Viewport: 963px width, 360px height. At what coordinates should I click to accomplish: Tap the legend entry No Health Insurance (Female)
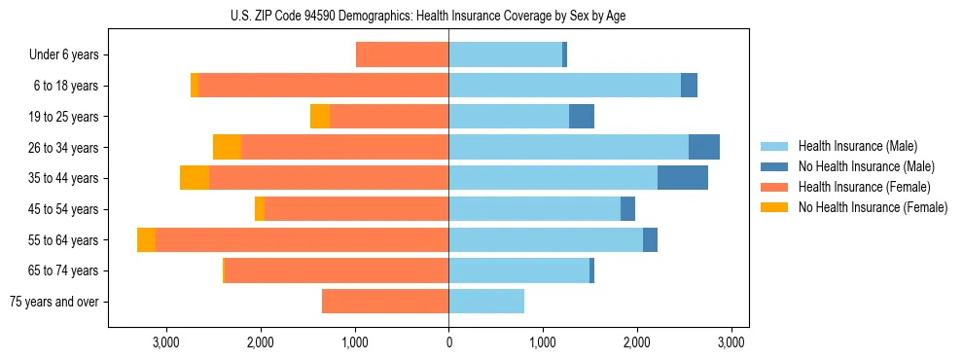[873, 207]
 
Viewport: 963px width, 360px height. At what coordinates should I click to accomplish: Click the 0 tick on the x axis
[448, 342]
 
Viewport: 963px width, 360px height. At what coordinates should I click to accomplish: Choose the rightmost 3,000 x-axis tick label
[731, 342]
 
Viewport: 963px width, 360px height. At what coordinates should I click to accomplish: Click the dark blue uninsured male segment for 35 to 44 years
[683, 178]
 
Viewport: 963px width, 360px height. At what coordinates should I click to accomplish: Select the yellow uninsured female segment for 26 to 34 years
[227, 147]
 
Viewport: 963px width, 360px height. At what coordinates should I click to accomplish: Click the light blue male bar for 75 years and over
[486, 302]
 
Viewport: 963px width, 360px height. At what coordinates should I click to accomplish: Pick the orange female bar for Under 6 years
[402, 54]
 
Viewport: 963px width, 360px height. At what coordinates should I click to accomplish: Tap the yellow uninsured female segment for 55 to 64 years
[146, 239]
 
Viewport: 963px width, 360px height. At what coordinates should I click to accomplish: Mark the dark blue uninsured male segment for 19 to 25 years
[582, 117]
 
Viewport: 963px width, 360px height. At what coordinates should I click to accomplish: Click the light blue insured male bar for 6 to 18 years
[564, 86]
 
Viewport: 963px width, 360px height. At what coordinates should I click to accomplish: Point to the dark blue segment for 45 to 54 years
[628, 209]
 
